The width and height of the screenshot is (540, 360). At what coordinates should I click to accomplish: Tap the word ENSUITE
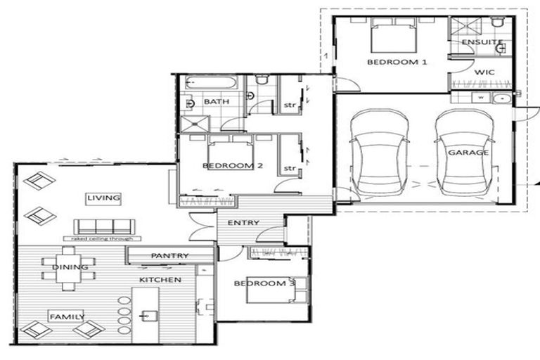482,43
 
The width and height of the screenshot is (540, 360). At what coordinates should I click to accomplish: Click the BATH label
217,102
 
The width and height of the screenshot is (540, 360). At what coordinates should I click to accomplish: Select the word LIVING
103,198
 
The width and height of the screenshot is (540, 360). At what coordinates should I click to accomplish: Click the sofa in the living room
103,226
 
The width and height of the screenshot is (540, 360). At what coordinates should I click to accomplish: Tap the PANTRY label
169,256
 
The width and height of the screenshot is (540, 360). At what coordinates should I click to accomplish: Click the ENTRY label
243,223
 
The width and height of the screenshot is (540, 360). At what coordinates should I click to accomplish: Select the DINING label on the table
70,267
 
